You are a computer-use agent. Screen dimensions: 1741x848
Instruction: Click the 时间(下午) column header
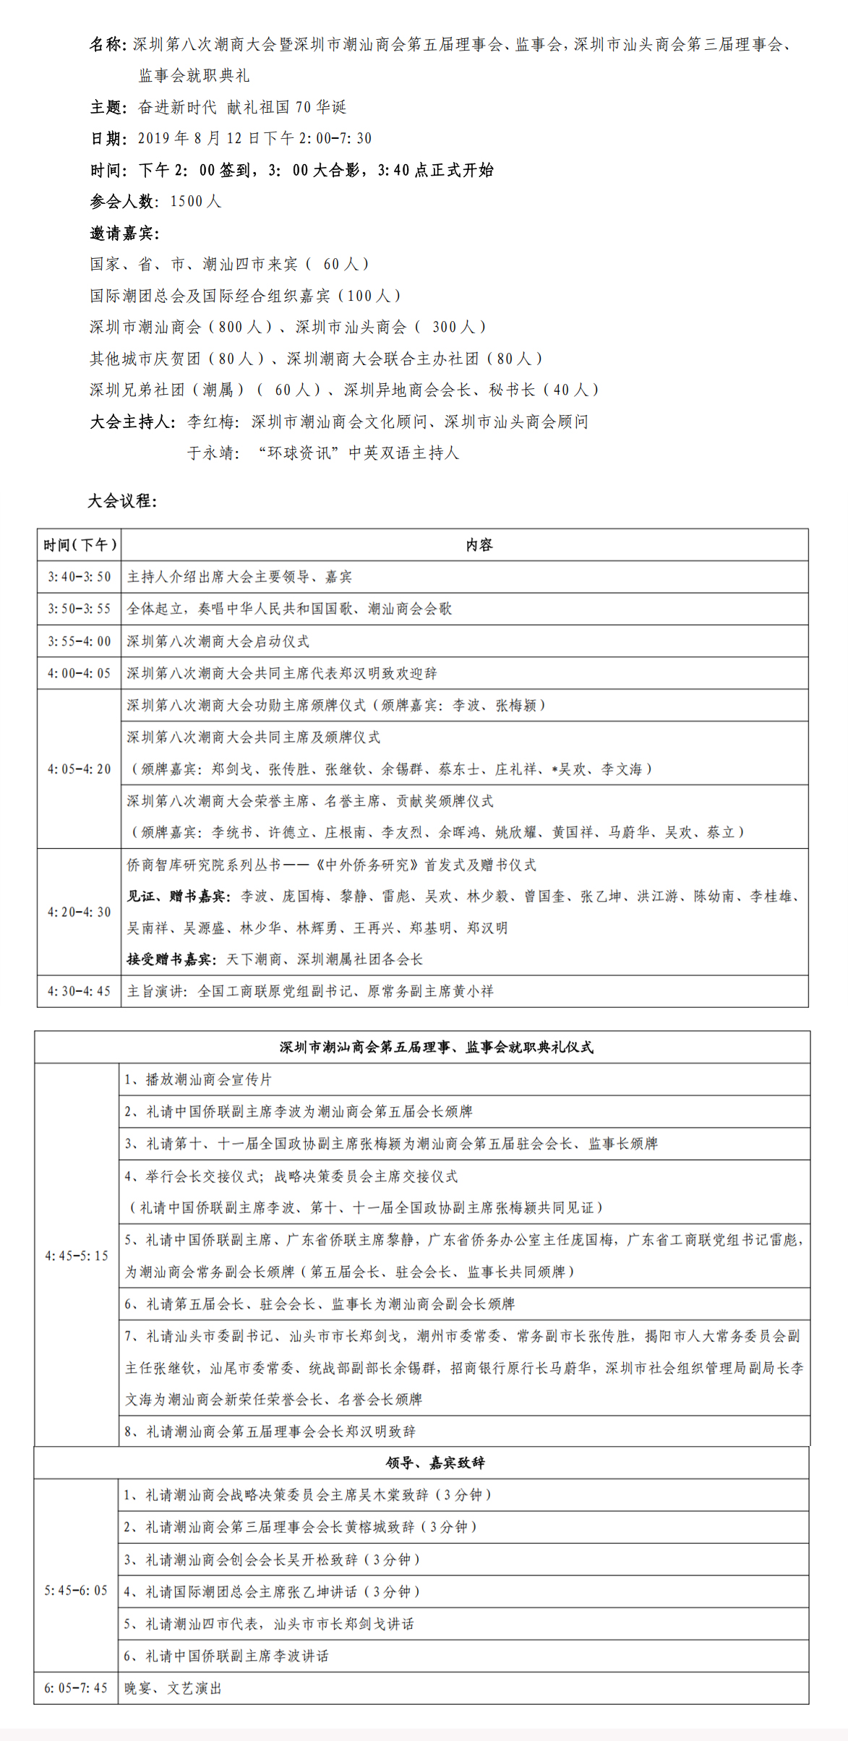(80, 545)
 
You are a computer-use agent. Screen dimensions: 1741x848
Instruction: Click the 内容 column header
(479, 545)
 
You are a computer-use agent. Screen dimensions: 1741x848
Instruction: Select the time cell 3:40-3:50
(80, 577)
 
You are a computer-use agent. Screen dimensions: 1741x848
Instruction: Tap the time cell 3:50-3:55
(80, 609)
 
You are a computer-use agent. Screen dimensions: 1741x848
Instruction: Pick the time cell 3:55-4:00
(80, 641)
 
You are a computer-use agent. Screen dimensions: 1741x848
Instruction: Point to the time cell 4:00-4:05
(80, 673)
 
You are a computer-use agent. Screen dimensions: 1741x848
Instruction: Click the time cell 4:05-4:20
(80, 769)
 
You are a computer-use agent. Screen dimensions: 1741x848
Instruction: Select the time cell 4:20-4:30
(80, 912)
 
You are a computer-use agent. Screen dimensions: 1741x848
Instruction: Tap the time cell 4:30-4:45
(80, 991)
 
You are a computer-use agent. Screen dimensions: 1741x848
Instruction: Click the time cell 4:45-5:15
(77, 1256)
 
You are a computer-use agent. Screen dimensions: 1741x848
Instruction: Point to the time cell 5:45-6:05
(76, 1591)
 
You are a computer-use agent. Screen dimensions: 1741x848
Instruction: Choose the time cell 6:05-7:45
(76, 1688)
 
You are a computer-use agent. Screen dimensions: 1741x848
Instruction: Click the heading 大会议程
(122, 501)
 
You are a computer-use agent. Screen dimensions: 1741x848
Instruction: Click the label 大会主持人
(132, 422)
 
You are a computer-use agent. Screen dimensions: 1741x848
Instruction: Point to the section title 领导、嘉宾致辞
(435, 1463)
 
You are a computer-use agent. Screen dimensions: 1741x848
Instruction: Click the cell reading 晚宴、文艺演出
(174, 1688)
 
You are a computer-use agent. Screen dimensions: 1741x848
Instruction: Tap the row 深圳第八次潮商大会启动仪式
(218, 641)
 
